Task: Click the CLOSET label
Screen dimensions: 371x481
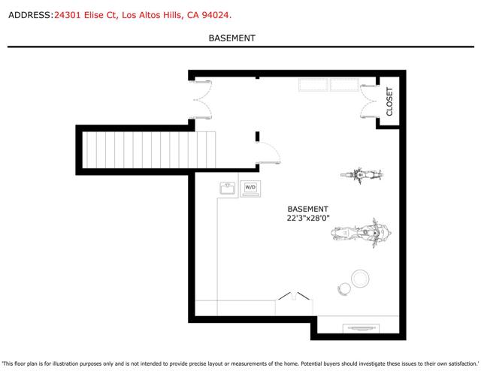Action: (389, 101)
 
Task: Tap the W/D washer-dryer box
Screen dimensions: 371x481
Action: (250, 187)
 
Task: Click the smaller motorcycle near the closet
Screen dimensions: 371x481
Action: (362, 176)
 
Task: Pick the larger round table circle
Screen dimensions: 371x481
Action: (360, 279)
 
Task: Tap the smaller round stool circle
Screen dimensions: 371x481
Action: (344, 288)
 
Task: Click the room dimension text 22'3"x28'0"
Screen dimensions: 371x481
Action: (308, 219)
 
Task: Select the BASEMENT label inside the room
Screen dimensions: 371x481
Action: (308, 209)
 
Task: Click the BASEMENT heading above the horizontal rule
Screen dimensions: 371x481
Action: (231, 38)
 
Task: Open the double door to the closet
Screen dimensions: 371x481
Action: (369, 101)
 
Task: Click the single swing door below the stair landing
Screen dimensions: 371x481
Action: (265, 153)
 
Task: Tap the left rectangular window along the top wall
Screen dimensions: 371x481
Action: (313, 84)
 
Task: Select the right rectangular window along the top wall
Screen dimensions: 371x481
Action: (344, 84)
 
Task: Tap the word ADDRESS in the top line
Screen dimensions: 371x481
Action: (29, 14)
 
